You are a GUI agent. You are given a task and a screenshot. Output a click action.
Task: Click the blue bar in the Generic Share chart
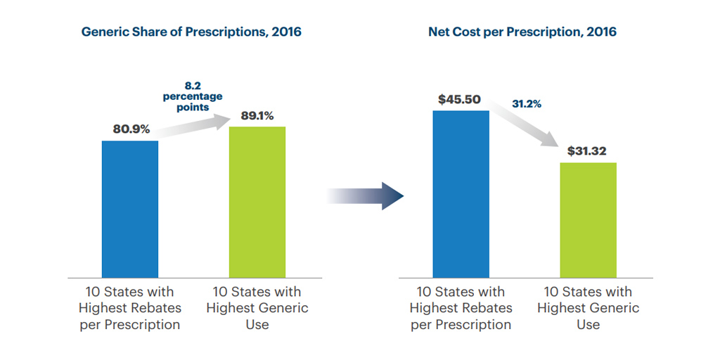pyautogui.click(x=130, y=209)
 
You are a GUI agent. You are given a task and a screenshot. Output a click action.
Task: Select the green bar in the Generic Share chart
pyautogui.click(x=257, y=202)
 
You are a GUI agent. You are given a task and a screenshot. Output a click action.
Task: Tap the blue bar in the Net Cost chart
pyautogui.click(x=461, y=193)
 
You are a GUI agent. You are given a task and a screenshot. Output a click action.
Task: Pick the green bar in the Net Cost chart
pyautogui.click(x=588, y=219)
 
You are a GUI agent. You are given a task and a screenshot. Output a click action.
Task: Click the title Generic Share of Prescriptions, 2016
pyautogui.click(x=191, y=32)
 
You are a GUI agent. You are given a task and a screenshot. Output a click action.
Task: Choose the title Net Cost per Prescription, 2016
pyautogui.click(x=522, y=32)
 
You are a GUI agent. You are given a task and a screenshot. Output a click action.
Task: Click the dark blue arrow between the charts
pyautogui.click(x=366, y=196)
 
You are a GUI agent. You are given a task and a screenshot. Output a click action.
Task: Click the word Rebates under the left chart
pyautogui.click(x=155, y=308)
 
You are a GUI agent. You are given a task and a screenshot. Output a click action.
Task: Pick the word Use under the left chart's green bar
pyautogui.click(x=257, y=324)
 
